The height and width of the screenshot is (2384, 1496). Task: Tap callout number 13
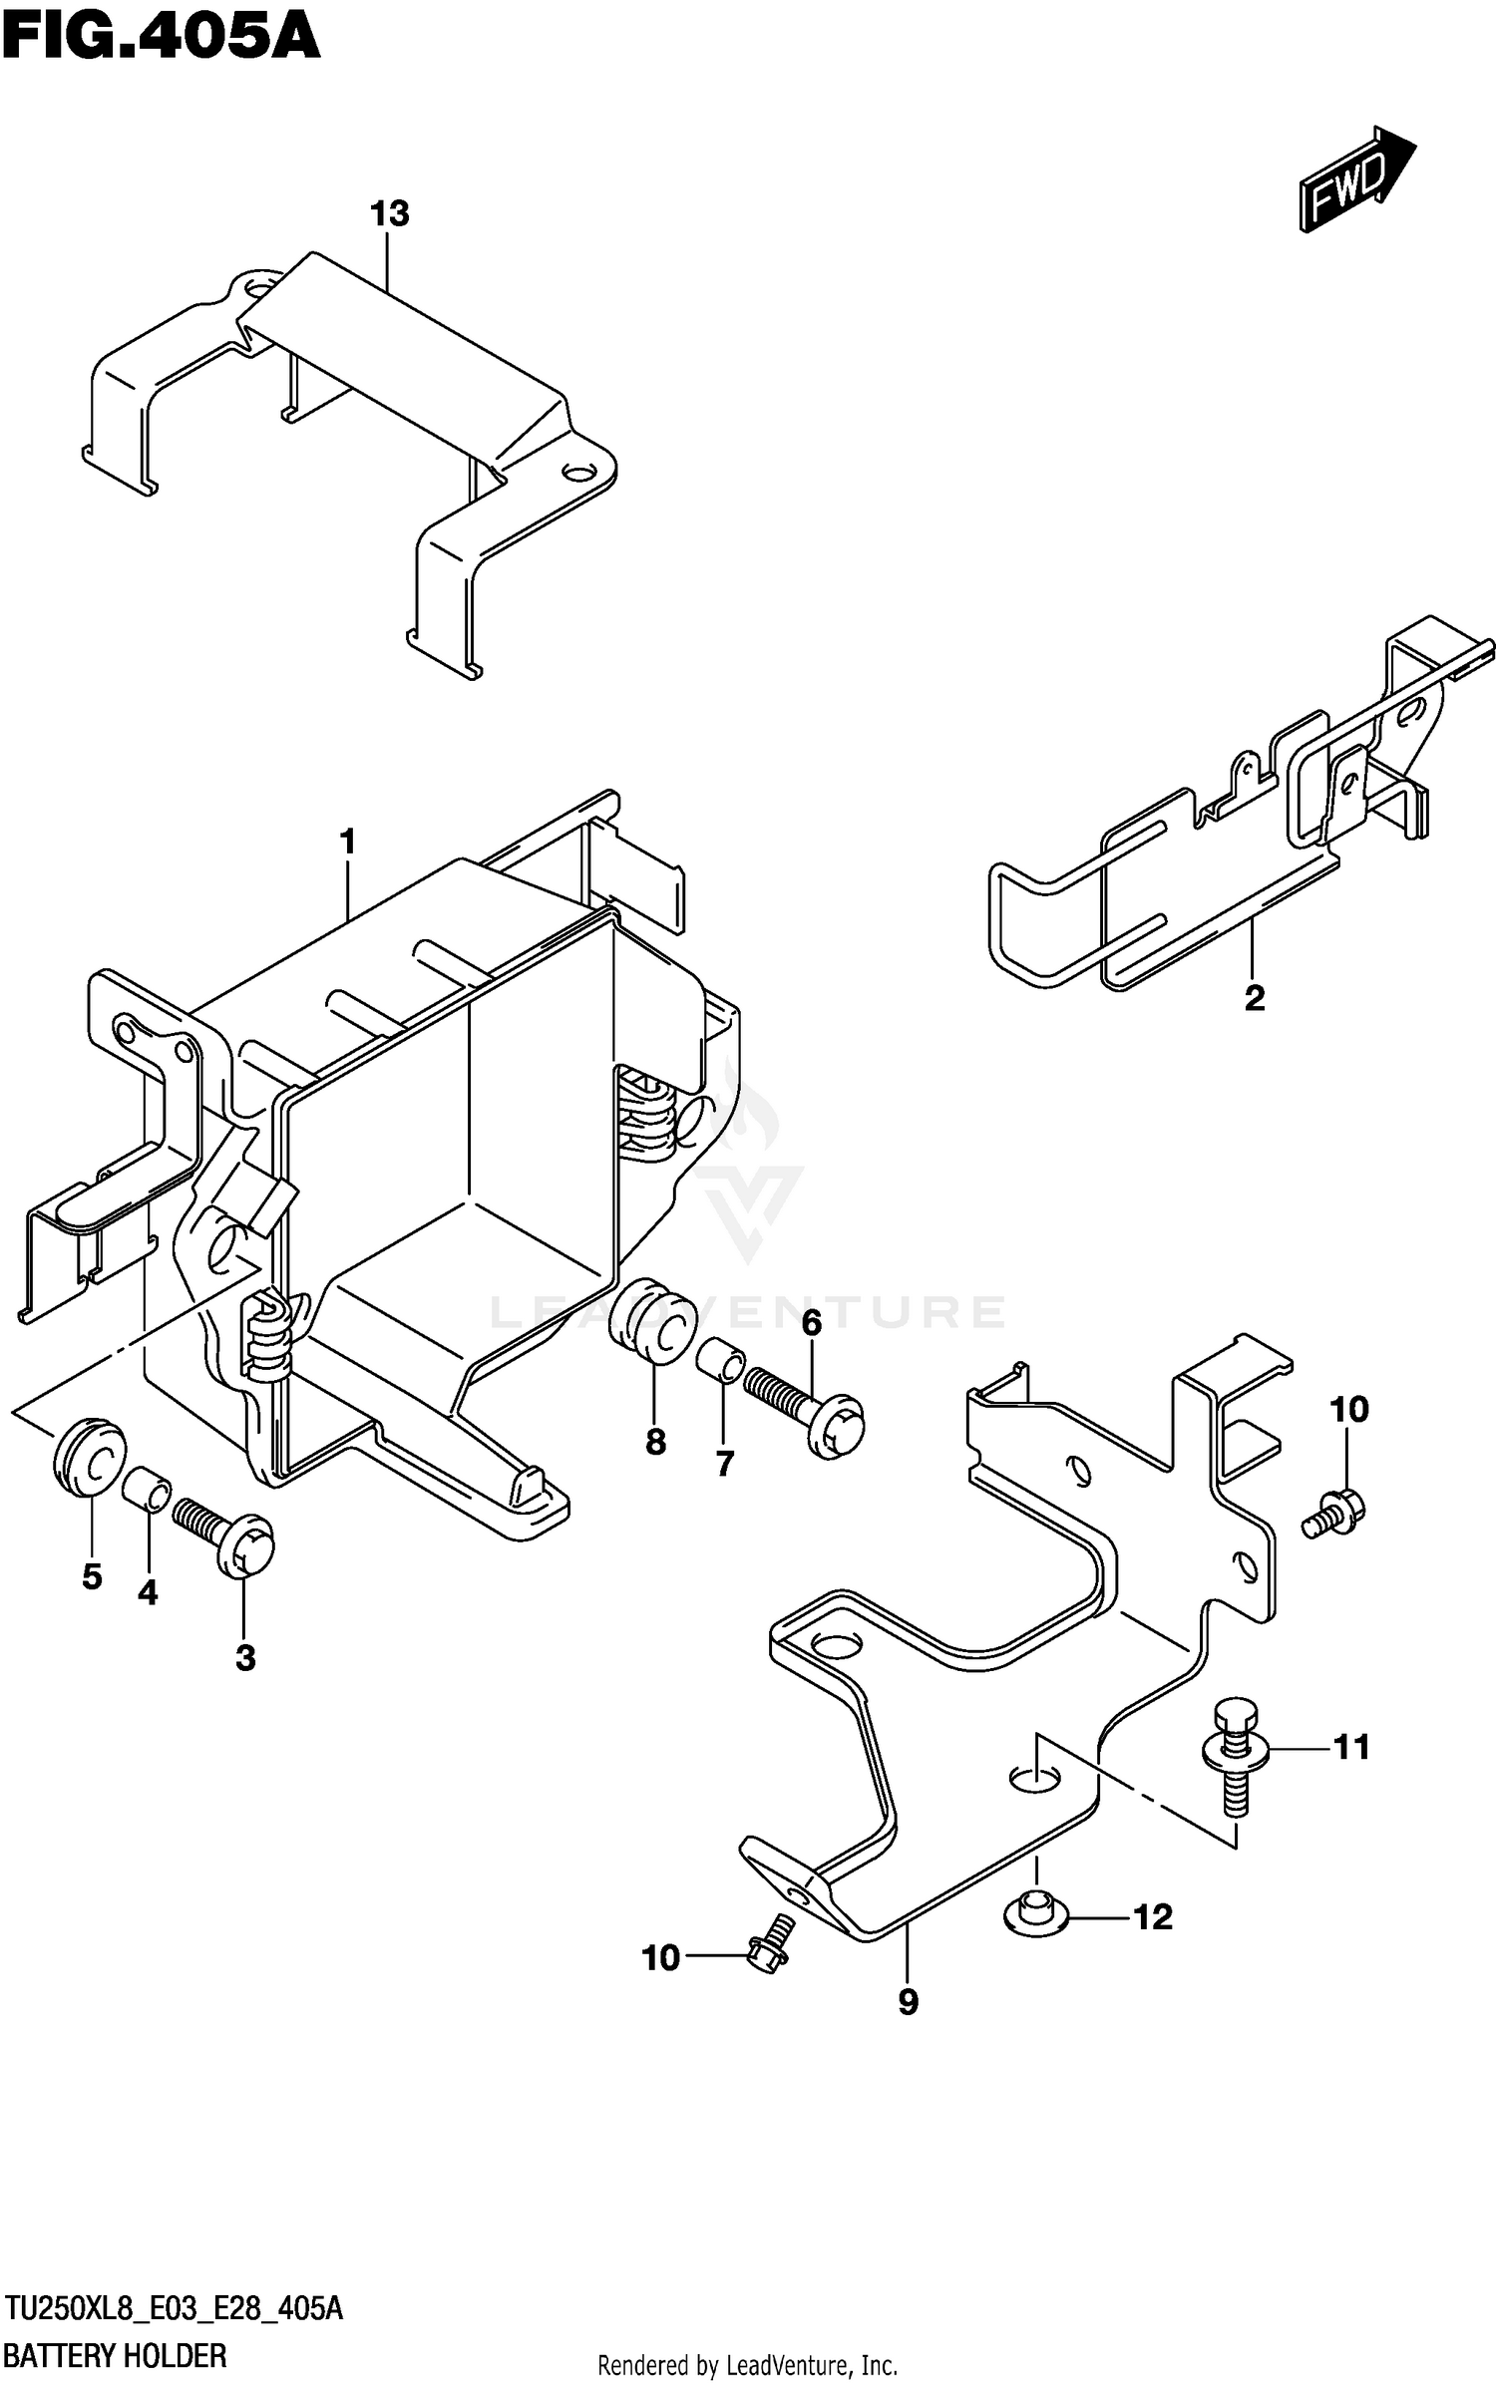tap(389, 213)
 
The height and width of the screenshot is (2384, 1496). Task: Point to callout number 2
tap(1255, 997)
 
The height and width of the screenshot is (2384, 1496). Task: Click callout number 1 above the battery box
tap(347, 843)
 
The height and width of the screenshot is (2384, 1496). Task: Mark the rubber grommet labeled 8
tap(650, 1322)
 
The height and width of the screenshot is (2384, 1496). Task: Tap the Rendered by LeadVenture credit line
tap(747, 2364)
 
